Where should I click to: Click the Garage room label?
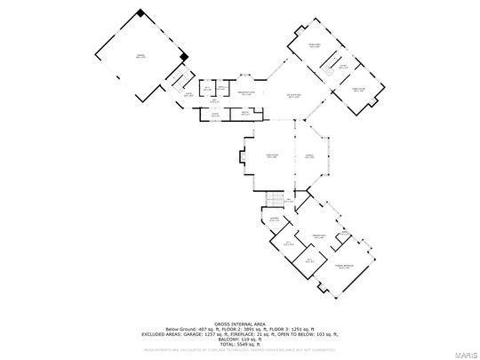140,57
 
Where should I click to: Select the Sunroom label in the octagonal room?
310,156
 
